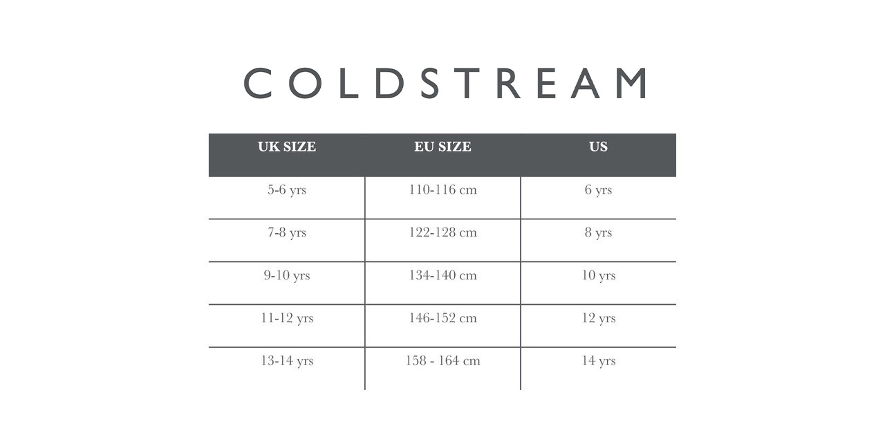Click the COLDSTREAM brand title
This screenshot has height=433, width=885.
(x=445, y=83)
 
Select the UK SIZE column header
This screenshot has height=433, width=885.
(x=287, y=147)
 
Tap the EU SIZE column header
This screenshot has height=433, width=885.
(x=442, y=147)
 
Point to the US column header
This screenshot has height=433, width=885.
(x=598, y=147)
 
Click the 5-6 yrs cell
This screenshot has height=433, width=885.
(x=287, y=190)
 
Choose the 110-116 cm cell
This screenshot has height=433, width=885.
(x=442, y=190)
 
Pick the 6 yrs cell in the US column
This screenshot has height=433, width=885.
(x=598, y=190)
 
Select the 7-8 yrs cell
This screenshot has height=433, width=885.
(x=287, y=232)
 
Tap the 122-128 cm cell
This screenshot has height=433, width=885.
(x=442, y=232)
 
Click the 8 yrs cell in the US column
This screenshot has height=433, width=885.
(x=598, y=232)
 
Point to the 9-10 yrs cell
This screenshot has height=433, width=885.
(x=287, y=276)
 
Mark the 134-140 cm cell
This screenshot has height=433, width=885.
(x=442, y=275)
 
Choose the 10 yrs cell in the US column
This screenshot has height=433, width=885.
(x=599, y=276)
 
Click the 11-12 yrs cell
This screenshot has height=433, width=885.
(x=287, y=318)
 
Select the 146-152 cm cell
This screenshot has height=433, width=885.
(x=442, y=318)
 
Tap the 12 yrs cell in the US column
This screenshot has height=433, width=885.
(x=599, y=318)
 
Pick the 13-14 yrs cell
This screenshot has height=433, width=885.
(x=287, y=361)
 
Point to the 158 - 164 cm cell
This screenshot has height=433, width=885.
(x=442, y=360)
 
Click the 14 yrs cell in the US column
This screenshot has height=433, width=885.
(x=599, y=361)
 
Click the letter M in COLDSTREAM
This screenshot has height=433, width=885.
(x=632, y=83)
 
